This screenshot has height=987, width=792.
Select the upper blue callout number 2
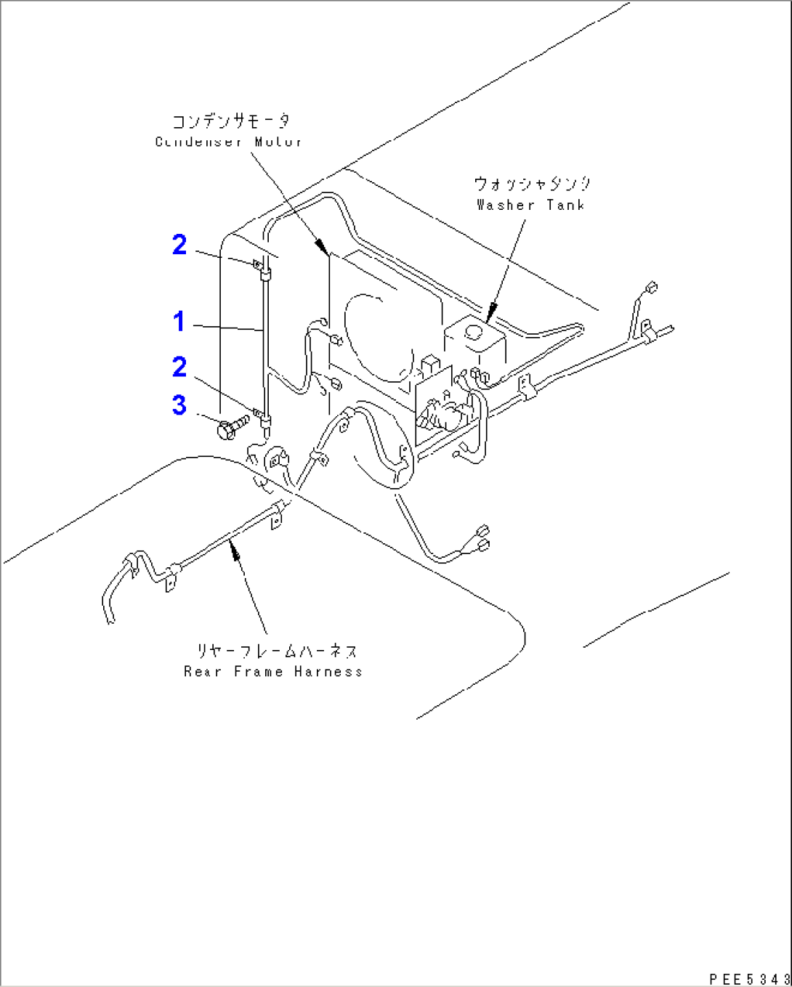coord(179,245)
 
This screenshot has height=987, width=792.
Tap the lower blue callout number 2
coord(179,367)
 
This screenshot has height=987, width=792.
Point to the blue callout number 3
coord(179,405)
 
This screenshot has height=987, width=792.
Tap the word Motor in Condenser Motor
coord(278,142)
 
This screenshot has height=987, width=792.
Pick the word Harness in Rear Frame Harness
coord(328,672)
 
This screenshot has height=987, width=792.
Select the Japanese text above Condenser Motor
coord(231,121)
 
